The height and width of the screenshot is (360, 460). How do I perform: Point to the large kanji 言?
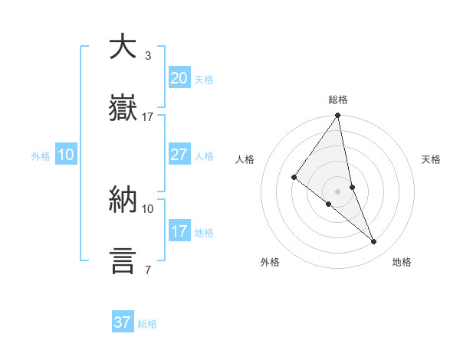tap(123, 260)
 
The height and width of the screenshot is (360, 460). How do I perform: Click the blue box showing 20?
tap(179, 78)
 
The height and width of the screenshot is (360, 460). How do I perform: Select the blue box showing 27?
tap(179, 155)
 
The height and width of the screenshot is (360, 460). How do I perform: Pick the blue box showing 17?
tap(179, 231)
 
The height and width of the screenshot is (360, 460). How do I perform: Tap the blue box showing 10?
tap(66, 155)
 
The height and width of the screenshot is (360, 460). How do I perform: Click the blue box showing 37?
tap(123, 322)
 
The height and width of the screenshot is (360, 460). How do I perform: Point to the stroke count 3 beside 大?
tap(147, 56)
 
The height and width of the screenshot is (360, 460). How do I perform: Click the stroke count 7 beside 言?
tap(147, 270)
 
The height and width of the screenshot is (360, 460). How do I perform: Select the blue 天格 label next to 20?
tap(203, 80)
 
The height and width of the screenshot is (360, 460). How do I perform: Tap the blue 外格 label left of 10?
tap(41, 156)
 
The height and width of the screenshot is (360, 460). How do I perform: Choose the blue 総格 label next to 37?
tap(147, 324)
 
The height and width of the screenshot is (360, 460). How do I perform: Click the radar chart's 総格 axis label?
tap(338, 100)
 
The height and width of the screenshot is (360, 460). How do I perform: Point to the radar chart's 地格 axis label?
tap(402, 262)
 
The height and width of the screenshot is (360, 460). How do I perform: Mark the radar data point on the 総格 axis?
tap(338, 116)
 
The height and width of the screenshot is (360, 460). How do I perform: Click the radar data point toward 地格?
tap(374, 242)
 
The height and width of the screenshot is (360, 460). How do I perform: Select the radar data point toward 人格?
tap(294, 178)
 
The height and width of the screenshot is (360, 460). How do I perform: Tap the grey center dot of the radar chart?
tap(338, 191)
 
